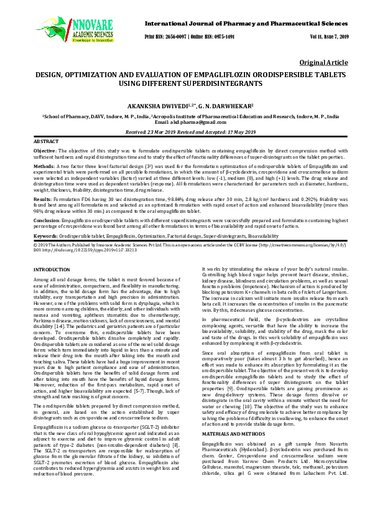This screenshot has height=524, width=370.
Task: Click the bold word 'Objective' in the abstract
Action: (44, 151)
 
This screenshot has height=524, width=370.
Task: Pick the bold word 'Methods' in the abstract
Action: (43, 167)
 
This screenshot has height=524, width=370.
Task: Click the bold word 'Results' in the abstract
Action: (42, 197)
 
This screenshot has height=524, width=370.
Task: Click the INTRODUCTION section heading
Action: (52, 269)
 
